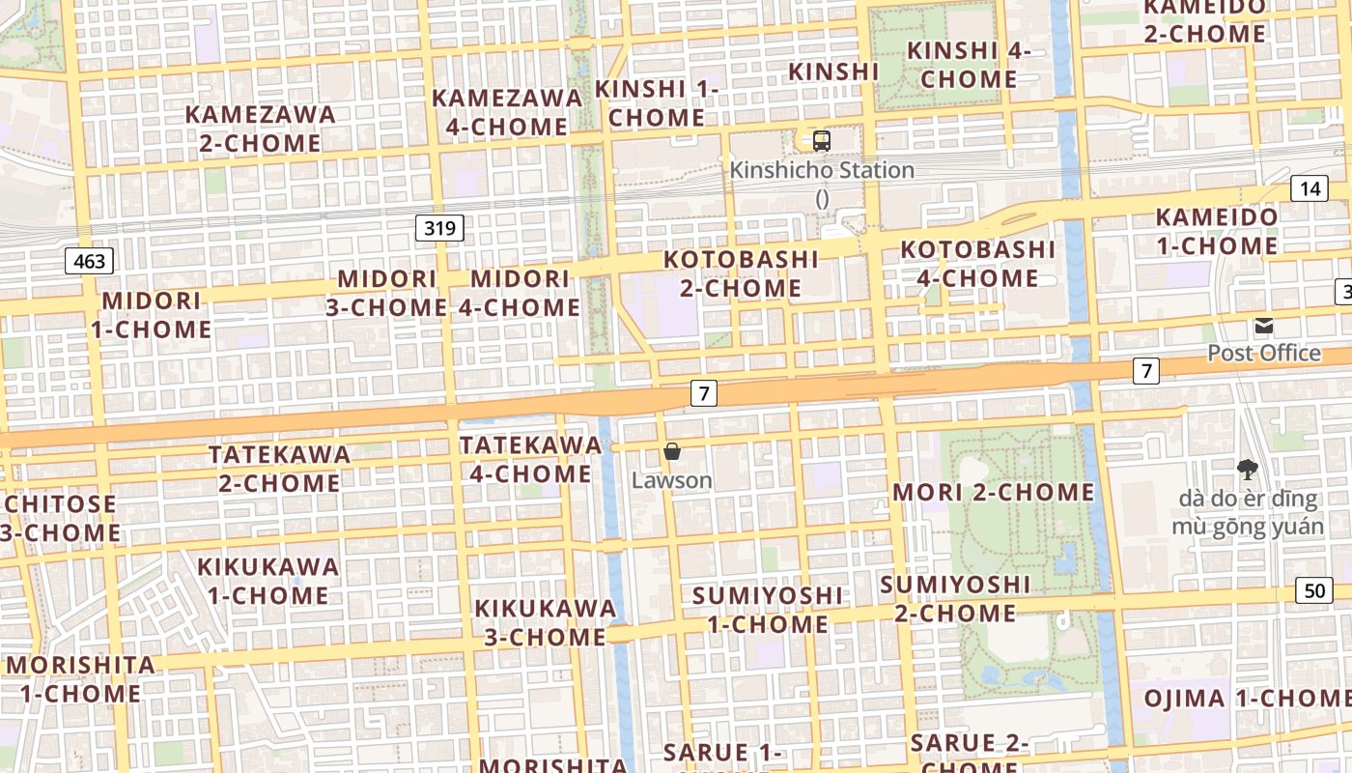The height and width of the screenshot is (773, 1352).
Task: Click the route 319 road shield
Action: pyautogui.click(x=439, y=228)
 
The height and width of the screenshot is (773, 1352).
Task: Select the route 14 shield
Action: pyautogui.click(x=1309, y=188)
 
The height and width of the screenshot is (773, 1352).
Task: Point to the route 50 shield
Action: pyautogui.click(x=1314, y=590)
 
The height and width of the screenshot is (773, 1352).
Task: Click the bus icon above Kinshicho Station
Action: pyautogui.click(x=821, y=140)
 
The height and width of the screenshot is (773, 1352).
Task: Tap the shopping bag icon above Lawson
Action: pyautogui.click(x=672, y=451)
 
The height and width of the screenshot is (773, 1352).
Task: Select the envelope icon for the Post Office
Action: pyautogui.click(x=1264, y=326)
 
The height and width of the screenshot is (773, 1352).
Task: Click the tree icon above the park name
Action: pyautogui.click(x=1248, y=470)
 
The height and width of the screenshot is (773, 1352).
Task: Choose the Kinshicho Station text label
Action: pyautogui.click(x=822, y=170)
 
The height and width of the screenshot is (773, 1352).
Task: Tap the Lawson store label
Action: pyautogui.click(x=672, y=480)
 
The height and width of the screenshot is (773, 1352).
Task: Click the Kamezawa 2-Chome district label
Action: pyautogui.click(x=261, y=129)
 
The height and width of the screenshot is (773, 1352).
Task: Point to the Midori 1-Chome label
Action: pyautogui.click(x=152, y=315)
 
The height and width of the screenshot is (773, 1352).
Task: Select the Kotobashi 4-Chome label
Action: pyautogui.click(x=977, y=264)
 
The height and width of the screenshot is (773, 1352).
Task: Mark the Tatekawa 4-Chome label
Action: pyautogui.click(x=530, y=459)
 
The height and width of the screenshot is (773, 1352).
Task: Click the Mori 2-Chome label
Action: pyautogui.click(x=994, y=492)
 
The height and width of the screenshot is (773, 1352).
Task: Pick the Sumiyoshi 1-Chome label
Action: pyautogui.click(x=768, y=610)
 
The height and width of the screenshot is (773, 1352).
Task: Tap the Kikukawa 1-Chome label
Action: pyautogui.click(x=268, y=581)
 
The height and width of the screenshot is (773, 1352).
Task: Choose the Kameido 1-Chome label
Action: pyautogui.click(x=1217, y=231)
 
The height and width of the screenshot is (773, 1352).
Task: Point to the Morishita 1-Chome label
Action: pyautogui.click(x=80, y=679)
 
